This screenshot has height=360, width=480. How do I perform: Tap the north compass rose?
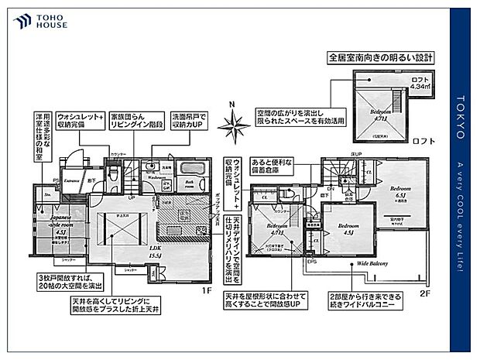[231, 123]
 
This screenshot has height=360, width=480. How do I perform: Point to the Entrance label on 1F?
[74, 180]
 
